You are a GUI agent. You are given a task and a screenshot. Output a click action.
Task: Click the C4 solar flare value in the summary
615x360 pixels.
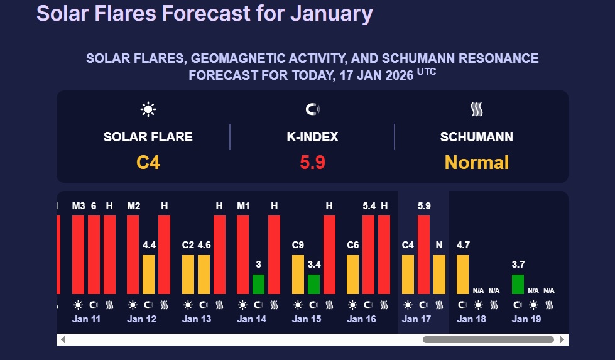click(x=148, y=163)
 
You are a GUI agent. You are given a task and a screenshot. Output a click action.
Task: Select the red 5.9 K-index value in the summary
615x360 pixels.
click(x=312, y=163)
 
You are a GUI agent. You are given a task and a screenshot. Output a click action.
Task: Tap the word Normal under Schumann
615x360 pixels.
click(x=477, y=163)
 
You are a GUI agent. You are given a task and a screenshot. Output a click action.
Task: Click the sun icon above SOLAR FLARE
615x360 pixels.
click(x=148, y=110)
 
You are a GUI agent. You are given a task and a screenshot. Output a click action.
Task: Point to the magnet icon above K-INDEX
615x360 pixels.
click(x=312, y=110)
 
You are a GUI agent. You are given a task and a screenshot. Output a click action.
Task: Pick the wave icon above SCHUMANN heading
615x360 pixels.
click(x=477, y=110)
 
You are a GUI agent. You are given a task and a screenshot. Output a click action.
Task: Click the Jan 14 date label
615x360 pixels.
click(x=251, y=319)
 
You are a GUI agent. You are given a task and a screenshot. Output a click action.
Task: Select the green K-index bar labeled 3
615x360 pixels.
click(x=258, y=284)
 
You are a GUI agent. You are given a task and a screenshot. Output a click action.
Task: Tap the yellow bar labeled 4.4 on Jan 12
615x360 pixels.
click(x=148, y=275)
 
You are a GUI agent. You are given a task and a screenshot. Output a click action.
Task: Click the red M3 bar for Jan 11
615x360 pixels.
click(x=78, y=254)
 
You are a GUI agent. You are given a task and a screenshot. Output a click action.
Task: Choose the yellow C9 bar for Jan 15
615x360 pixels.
click(x=298, y=275)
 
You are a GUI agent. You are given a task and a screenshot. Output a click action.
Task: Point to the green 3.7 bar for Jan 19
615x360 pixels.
click(x=518, y=284)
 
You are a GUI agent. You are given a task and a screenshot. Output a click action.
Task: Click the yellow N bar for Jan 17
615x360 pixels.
click(x=440, y=275)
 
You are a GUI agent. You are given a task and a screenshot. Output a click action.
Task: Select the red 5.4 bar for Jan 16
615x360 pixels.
click(x=369, y=254)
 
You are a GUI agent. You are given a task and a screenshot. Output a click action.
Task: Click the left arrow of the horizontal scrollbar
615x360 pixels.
click(x=63, y=340)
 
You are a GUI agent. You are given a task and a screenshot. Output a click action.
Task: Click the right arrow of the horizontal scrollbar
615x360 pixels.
click(x=562, y=340)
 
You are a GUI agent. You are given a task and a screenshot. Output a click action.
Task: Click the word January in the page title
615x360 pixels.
click(x=331, y=13)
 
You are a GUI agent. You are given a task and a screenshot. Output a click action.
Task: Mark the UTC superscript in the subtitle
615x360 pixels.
click(x=427, y=72)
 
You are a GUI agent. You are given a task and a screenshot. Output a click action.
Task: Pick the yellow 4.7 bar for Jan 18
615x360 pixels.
click(x=463, y=275)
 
